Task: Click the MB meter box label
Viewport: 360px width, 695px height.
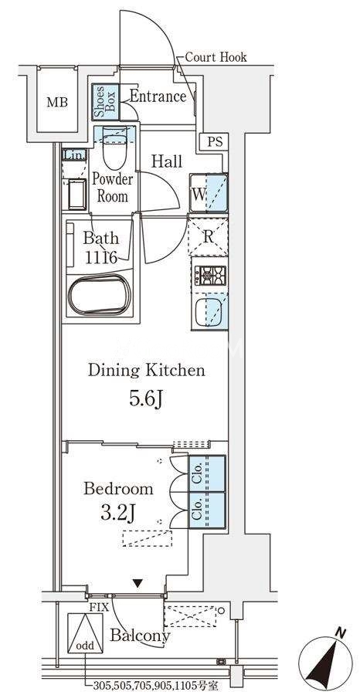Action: (x=58, y=103)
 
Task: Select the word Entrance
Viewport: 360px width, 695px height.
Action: (x=158, y=97)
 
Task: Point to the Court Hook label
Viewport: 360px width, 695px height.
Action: (x=216, y=57)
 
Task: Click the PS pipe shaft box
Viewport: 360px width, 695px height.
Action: (x=215, y=143)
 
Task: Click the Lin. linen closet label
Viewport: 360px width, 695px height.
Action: (x=74, y=154)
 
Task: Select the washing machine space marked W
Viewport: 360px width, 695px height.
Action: (x=209, y=194)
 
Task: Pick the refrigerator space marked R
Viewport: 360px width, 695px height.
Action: (x=209, y=236)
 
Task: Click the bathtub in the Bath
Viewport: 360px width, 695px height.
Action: (x=100, y=295)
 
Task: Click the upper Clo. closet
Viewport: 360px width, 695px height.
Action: (x=207, y=473)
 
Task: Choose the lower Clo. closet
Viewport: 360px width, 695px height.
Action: (x=207, y=510)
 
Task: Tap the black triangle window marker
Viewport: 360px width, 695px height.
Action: (x=139, y=585)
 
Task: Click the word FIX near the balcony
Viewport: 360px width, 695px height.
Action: (x=100, y=608)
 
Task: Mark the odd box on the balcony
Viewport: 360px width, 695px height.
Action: (x=85, y=633)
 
